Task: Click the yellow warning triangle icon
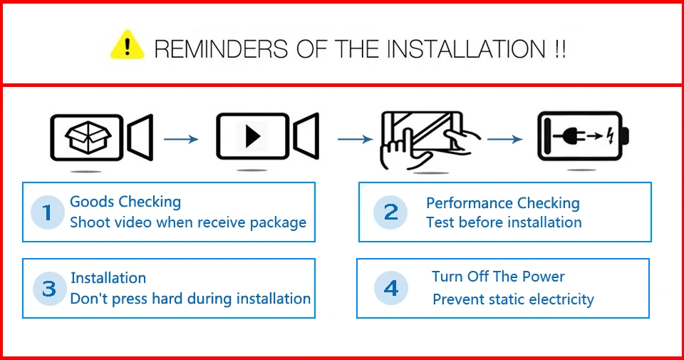coord(128,45)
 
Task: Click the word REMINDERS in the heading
coord(221,48)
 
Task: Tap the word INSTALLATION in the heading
coord(466,48)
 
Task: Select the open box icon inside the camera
coord(88,138)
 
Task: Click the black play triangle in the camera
coord(252,137)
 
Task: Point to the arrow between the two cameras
coord(181,139)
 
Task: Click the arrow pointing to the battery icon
coord(505,139)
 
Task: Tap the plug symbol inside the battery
coord(570,136)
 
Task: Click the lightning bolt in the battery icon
coord(611,135)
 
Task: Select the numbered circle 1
coord(48,212)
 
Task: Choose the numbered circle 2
coord(391,212)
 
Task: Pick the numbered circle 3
coord(49,289)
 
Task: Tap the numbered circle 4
coord(391,288)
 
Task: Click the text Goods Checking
coord(125,202)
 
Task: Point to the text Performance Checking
coord(503,203)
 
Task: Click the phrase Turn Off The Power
coord(498,276)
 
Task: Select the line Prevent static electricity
coord(513,299)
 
